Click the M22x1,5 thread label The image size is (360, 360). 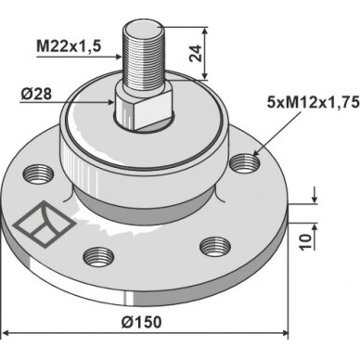[x=69, y=46]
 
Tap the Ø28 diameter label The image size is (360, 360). [x=36, y=94]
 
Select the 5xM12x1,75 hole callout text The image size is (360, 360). [x=313, y=102]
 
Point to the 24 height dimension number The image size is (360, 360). [x=196, y=54]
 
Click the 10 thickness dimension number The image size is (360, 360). [x=305, y=242]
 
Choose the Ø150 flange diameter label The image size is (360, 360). [x=141, y=322]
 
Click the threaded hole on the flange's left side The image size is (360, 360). [x=39, y=174]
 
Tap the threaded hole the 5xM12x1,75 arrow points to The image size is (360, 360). [x=245, y=163]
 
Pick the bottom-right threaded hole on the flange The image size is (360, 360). [x=215, y=247]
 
